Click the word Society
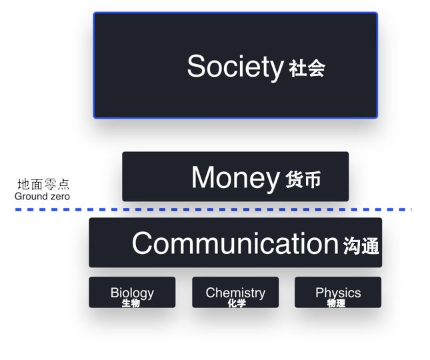click(235, 67)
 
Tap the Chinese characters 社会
click(307, 68)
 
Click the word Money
click(235, 178)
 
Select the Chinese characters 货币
click(303, 179)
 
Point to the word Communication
click(235, 243)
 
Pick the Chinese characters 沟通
click(361, 245)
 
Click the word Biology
click(132, 293)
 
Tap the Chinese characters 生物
click(131, 303)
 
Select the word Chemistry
click(235, 293)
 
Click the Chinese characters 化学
click(237, 303)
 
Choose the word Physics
click(338, 293)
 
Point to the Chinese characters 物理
click(336, 303)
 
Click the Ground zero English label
click(42, 196)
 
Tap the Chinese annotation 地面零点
click(43, 184)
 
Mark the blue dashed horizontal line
click(213, 210)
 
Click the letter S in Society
click(196, 66)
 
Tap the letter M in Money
click(203, 177)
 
